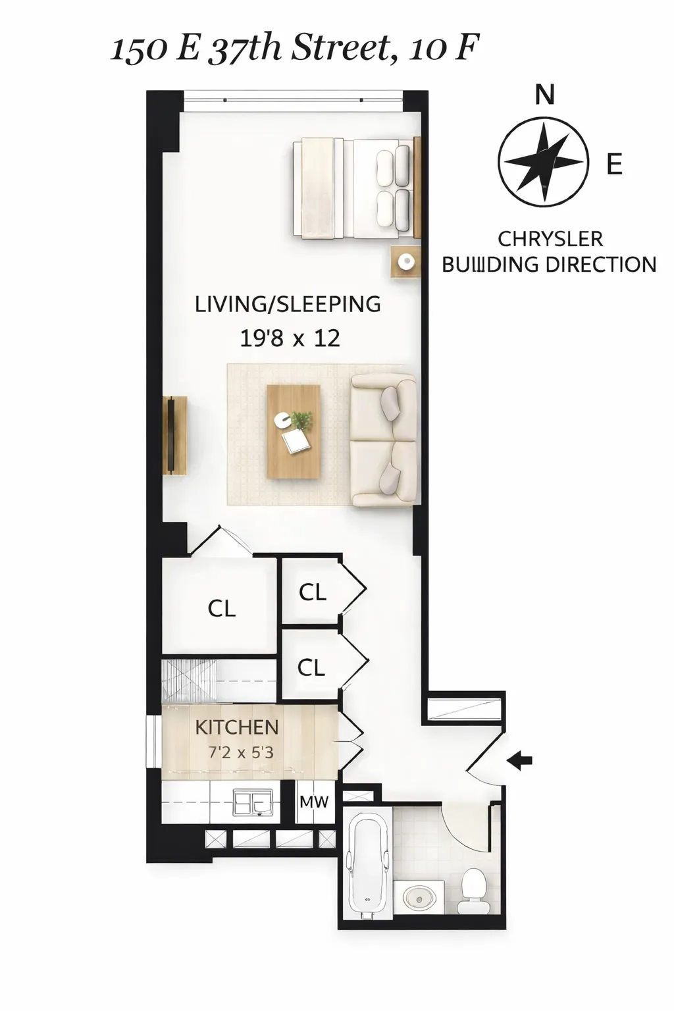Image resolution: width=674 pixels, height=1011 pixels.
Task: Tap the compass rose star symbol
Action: (x=542, y=162)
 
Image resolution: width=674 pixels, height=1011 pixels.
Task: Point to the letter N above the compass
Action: (x=544, y=95)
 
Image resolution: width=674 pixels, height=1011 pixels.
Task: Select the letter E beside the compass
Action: (x=614, y=163)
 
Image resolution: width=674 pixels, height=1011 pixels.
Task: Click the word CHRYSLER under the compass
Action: (x=550, y=238)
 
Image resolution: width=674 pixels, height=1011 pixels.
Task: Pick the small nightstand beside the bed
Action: (x=405, y=262)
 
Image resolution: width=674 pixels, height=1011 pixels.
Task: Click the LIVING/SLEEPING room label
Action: (x=288, y=304)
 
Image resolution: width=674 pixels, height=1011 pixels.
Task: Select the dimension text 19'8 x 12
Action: (x=290, y=338)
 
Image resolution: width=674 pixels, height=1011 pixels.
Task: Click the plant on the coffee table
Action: (x=301, y=420)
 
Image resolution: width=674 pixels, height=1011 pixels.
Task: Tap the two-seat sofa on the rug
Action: (x=384, y=440)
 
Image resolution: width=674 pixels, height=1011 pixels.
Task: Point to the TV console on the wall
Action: (x=174, y=434)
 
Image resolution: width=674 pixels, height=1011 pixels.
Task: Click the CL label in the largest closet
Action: (x=221, y=608)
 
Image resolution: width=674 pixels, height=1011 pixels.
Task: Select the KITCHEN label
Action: (x=237, y=727)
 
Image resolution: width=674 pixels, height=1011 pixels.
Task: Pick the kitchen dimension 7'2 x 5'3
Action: (x=241, y=752)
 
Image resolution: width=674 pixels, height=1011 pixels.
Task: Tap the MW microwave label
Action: (x=314, y=802)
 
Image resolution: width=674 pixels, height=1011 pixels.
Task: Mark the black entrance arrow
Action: (x=520, y=762)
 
